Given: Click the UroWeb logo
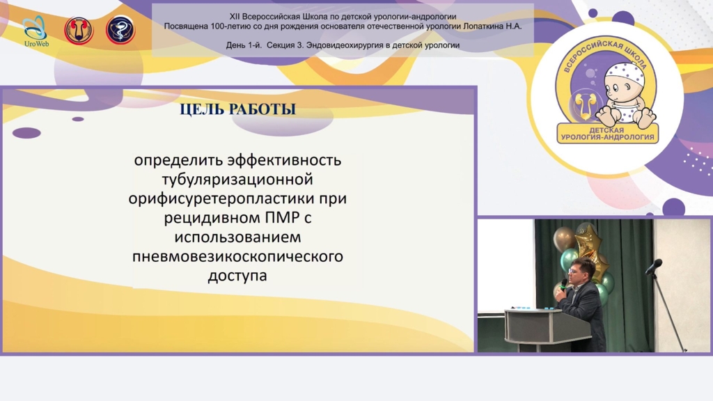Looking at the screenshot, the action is pos(36,31).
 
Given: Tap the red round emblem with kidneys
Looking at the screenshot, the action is pos(79,31).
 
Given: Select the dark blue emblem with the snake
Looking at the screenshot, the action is pos(120,30).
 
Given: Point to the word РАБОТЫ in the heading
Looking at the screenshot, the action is pos(261,109).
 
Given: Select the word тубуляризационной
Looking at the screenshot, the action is pos(237,180).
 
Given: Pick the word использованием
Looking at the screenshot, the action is pos(237,237).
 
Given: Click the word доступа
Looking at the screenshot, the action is pos(237,276).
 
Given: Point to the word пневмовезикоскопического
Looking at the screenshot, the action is pos(238,256).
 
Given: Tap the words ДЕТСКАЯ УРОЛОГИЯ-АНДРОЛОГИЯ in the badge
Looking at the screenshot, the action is pos(607,134).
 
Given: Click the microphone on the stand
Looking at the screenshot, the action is pos(654,266).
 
